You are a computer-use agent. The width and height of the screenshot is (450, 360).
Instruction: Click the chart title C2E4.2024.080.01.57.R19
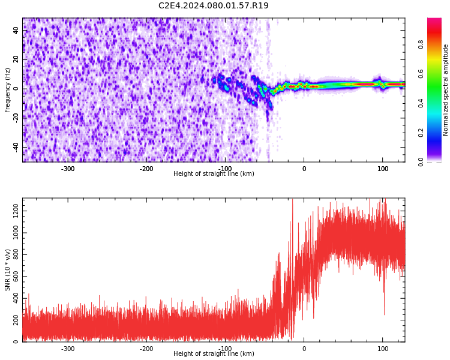(x=213, y=5)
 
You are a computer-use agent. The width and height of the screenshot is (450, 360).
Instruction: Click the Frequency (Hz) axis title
(x=7, y=90)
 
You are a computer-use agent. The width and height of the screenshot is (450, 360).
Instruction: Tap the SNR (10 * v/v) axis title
(x=7, y=270)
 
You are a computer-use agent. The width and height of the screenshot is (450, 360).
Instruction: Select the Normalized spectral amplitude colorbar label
(x=445, y=90)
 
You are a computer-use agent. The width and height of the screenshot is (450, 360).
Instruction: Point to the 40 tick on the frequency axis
(x=16, y=30)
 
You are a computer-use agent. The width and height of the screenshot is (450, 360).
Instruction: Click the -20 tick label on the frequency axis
(x=16, y=118)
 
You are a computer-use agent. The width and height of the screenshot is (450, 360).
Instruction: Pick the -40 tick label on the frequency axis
(x=16, y=147)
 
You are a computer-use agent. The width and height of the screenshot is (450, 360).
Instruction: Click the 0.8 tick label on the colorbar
(x=421, y=44)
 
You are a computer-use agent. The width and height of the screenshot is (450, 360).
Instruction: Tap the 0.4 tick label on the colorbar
(x=421, y=103)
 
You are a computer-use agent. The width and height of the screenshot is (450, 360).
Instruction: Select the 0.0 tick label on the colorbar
(x=421, y=162)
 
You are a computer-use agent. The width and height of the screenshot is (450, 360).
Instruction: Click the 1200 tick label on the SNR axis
(x=16, y=211)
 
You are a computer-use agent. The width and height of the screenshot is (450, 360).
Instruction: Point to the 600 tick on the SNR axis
(x=16, y=277)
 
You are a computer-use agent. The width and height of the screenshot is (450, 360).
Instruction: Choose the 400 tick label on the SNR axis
(x=16, y=298)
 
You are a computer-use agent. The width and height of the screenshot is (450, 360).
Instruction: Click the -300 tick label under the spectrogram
(x=68, y=169)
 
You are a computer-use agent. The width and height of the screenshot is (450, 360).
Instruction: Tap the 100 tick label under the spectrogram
(x=383, y=169)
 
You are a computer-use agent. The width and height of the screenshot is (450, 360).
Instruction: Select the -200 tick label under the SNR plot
(x=146, y=349)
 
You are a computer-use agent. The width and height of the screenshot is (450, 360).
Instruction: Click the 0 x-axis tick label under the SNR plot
(x=304, y=349)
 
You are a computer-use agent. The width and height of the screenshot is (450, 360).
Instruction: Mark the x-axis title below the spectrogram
(x=214, y=173)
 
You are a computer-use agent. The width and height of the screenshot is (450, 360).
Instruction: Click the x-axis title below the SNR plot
(x=214, y=353)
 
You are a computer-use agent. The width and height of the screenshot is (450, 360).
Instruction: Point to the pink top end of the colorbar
(x=434, y=19)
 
